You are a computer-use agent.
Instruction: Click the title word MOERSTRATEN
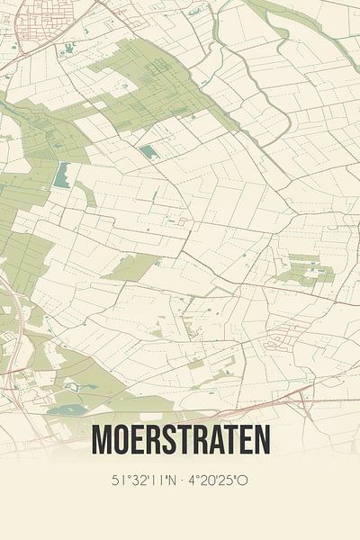coord(180,440)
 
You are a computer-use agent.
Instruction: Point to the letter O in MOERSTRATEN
coord(121,440)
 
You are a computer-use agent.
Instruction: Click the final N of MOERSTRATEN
coord(260,440)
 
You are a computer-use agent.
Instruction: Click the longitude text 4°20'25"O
coord(219,481)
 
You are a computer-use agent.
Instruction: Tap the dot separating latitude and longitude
coord(182,481)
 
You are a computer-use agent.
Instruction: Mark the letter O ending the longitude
coord(243,481)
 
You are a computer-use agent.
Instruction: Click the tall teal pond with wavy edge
coord(62,175)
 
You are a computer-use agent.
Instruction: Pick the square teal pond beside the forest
coord(149,152)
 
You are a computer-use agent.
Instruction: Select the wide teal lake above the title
coord(67,409)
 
